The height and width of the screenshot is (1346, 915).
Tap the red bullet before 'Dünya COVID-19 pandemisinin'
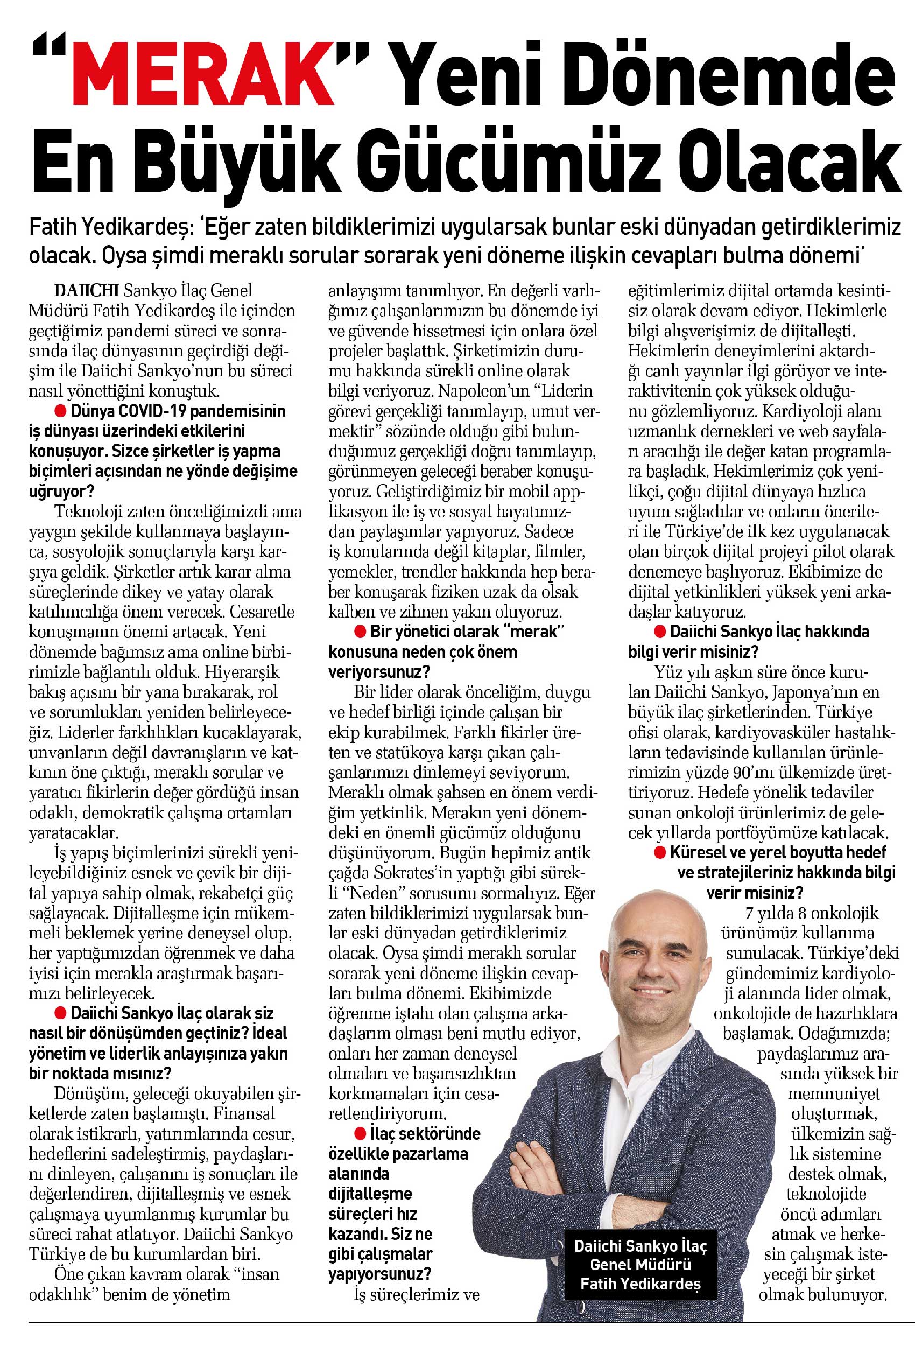(60, 411)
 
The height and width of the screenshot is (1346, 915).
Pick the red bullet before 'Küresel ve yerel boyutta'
(658, 852)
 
